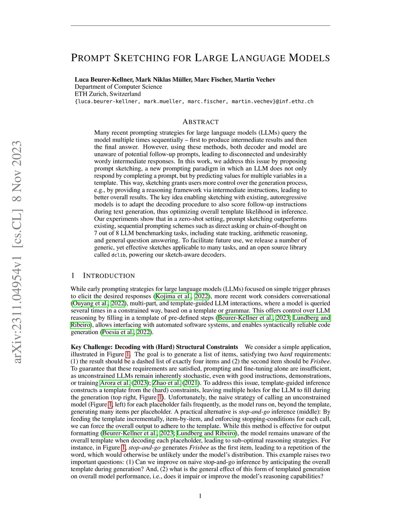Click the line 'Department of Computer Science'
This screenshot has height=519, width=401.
(x=118, y=87)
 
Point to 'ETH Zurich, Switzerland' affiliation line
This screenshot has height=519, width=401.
(x=108, y=94)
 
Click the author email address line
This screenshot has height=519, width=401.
(x=194, y=101)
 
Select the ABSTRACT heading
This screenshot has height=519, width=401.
(x=200, y=122)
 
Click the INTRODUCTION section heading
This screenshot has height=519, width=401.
(x=109, y=276)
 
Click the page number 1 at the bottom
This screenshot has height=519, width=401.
(x=200, y=496)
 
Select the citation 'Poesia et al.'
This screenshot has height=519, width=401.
(x=118, y=332)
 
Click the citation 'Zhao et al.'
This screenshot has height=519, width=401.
(x=166, y=383)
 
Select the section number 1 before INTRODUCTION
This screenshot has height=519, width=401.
(x=73, y=276)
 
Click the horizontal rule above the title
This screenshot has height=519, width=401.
(x=200, y=26)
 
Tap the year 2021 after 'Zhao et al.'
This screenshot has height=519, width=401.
(x=191, y=383)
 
